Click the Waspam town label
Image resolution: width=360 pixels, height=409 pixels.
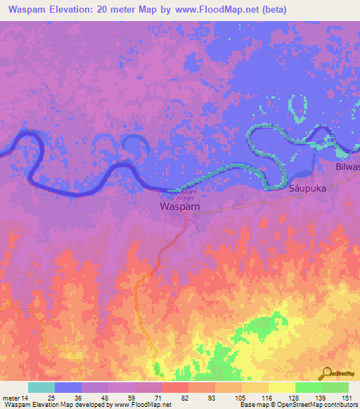coord(179,207)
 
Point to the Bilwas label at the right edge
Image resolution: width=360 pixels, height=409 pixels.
coord(347,167)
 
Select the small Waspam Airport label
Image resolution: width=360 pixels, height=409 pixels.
coord(186,195)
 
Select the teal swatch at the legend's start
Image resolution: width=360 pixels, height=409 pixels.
coord(41,387)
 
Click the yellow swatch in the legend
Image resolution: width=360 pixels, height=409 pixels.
coord(281,387)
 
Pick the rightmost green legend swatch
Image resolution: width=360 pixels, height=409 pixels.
coord(335,387)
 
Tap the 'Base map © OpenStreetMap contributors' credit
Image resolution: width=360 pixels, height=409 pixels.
coord(297,405)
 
